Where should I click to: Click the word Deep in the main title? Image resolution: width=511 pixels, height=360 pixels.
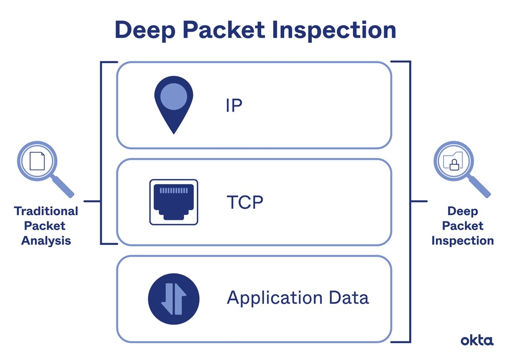coord(145,30)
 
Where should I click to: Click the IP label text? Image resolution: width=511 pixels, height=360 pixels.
coord(234,105)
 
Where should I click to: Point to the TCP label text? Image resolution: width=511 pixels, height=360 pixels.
coord(244,202)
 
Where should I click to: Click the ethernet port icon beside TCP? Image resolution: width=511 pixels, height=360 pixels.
coord(174,202)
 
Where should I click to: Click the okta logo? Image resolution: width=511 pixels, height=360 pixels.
coord(477,340)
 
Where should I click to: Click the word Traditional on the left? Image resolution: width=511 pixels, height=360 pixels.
coord(46,211)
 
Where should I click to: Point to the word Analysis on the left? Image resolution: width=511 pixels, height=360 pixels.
coord(46,240)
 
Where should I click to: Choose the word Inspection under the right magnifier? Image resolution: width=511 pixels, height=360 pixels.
coord(462,240)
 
